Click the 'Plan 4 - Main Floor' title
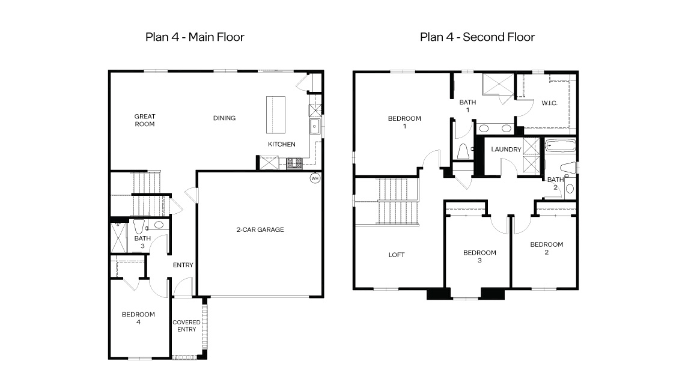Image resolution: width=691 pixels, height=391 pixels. tap(195, 37)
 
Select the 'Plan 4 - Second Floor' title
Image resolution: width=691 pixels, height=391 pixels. tap(477, 37)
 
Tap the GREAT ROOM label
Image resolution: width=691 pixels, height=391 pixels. tap(144, 120)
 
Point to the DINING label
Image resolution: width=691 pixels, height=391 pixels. tap(224, 118)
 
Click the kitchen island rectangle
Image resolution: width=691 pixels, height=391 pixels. tap(276, 115)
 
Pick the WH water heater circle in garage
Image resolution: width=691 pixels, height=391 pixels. tap(314, 178)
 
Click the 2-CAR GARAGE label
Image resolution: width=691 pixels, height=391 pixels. tap(259, 229)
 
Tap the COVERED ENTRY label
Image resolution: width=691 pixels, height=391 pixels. tap(186, 326)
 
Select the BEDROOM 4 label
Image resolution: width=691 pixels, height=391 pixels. tap(138, 318)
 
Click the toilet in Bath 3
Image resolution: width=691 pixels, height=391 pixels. tap(139, 227)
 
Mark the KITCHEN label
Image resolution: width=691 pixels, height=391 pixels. tap(281, 144)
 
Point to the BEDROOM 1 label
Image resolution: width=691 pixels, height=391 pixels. tap(404, 122)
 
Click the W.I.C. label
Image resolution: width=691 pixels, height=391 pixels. tap(549, 103)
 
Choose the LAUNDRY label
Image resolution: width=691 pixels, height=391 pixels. tap(506, 149)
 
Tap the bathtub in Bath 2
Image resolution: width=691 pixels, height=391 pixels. tap(560, 145)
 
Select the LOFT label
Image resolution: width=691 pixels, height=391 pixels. tap(396, 255)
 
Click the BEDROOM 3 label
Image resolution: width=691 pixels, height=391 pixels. tap(479, 256)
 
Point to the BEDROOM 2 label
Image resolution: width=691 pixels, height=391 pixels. tap(546, 248)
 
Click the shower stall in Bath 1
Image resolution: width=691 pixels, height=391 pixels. tap(499, 85)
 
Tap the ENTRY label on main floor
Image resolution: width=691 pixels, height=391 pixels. tap(183, 265)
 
